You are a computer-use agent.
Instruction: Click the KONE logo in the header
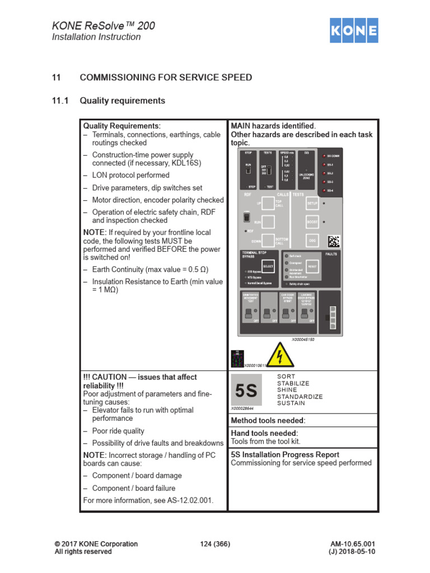coord(353,30)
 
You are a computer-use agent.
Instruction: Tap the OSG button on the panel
coord(312,240)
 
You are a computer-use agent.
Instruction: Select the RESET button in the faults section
coord(312,266)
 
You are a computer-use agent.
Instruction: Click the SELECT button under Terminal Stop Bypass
coord(268,266)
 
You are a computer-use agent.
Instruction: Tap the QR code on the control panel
coord(334,241)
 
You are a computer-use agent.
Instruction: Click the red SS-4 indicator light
coord(324,191)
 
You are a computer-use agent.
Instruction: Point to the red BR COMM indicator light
coord(324,156)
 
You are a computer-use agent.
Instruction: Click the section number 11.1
coord(60,101)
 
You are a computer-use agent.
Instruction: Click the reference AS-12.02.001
coord(189,500)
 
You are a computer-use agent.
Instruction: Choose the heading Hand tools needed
coord(264,433)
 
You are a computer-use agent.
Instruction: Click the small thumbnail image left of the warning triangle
coord(237,359)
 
